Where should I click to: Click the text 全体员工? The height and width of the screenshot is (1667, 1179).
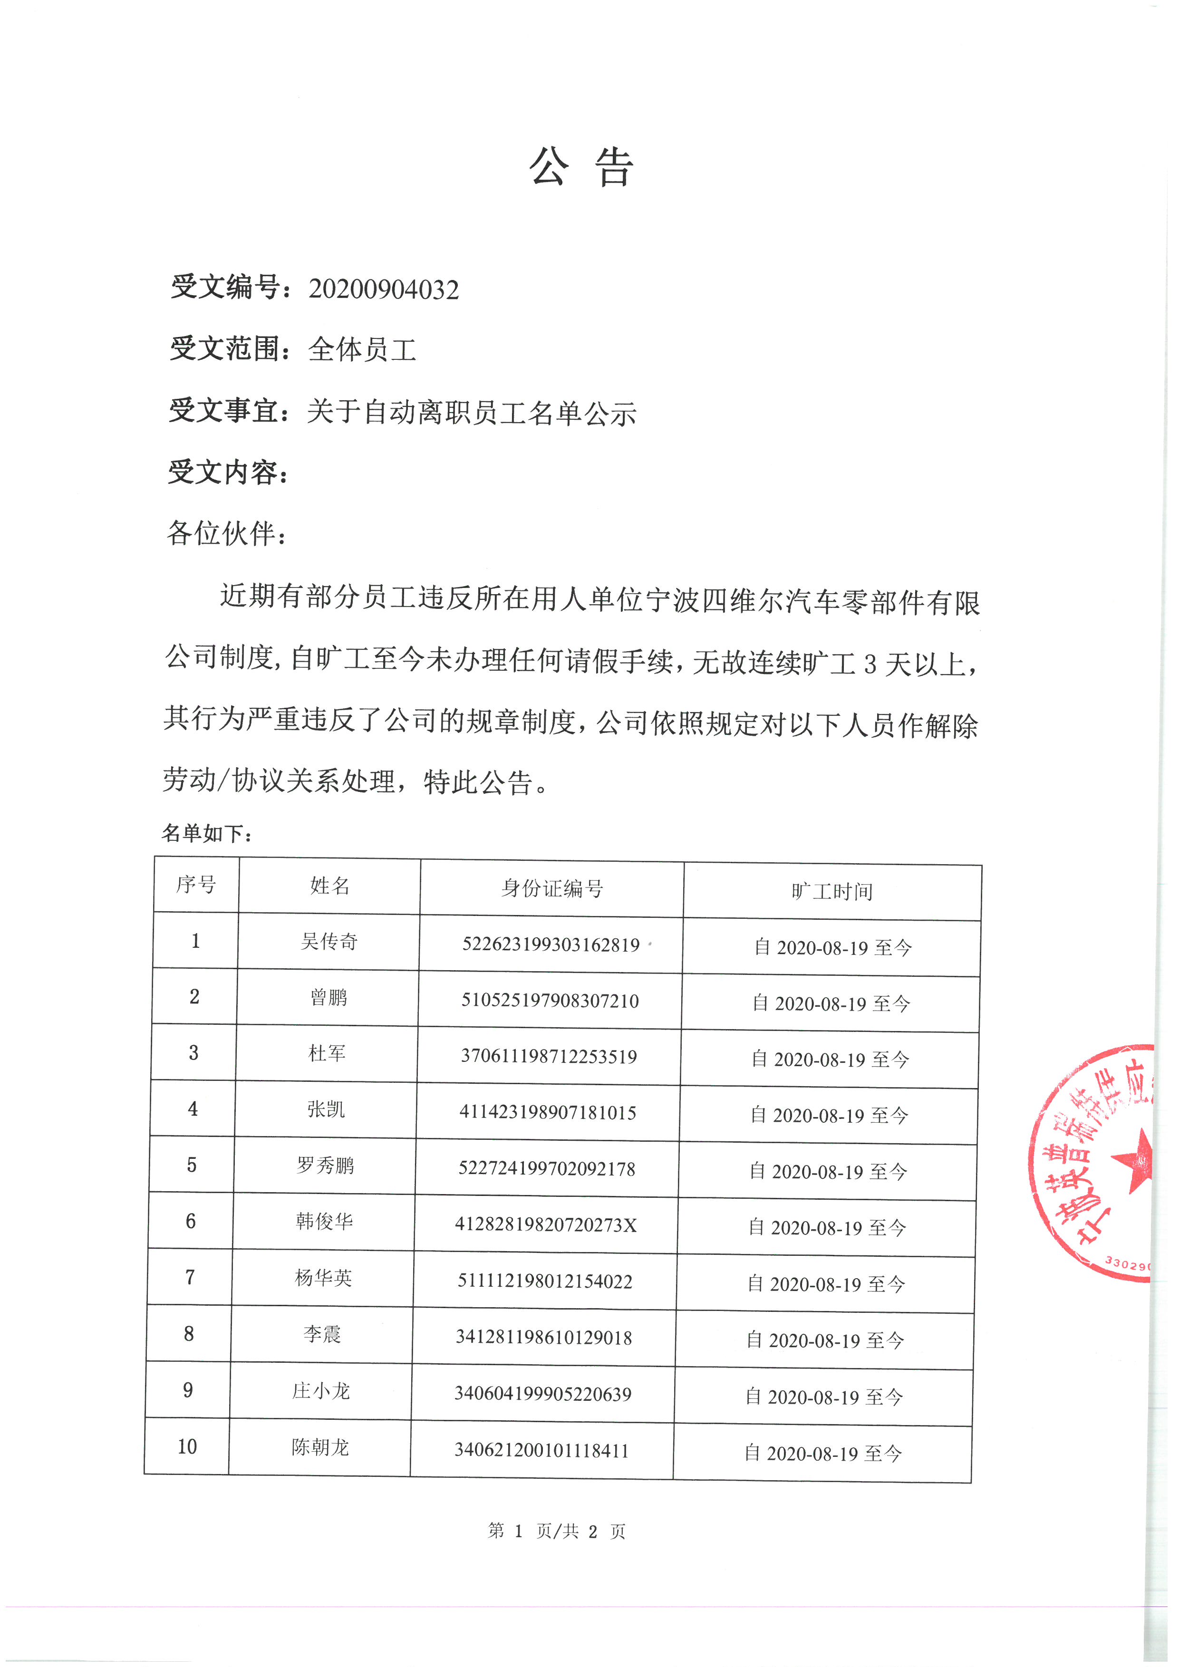[361, 350]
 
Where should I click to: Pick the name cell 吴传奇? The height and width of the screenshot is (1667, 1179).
[329, 942]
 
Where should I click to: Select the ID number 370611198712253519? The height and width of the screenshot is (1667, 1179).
[549, 1056]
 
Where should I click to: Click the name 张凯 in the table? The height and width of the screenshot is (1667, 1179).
[326, 1109]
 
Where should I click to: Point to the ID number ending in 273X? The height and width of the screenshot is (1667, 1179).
[546, 1225]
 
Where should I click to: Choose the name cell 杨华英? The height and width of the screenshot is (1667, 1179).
[323, 1278]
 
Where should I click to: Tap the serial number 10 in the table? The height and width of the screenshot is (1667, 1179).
[187, 1447]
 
